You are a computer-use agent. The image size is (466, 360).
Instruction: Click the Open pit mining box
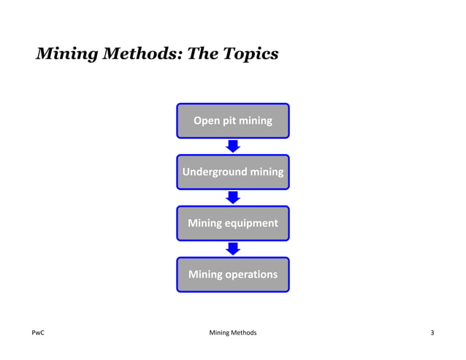[x=232, y=120]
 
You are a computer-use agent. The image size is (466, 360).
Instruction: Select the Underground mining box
[x=232, y=172]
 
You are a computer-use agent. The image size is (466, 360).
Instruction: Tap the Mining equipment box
[x=232, y=223]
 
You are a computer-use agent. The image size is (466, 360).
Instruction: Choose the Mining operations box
[x=232, y=275]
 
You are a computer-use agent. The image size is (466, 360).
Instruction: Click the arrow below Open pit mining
[x=233, y=146]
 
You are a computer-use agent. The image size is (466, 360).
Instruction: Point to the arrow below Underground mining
[x=233, y=197]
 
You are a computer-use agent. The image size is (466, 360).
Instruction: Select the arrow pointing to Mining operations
[x=233, y=249]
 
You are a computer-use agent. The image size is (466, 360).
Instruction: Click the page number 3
[x=432, y=334]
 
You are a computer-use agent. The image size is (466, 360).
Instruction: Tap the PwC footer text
[x=39, y=334]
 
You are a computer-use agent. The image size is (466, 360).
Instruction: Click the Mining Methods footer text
[x=232, y=334]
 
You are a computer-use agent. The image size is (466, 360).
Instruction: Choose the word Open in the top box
[x=205, y=120]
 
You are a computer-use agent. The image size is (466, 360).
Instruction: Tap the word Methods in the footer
[x=245, y=334]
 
